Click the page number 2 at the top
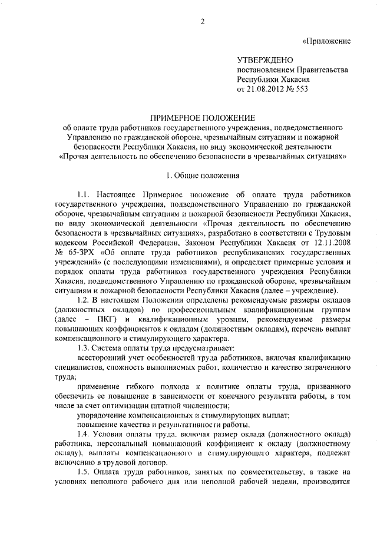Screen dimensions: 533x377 click(x=202, y=22)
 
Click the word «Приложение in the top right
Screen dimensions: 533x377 click(x=327, y=41)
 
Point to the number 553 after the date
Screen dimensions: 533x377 click(x=301, y=90)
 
